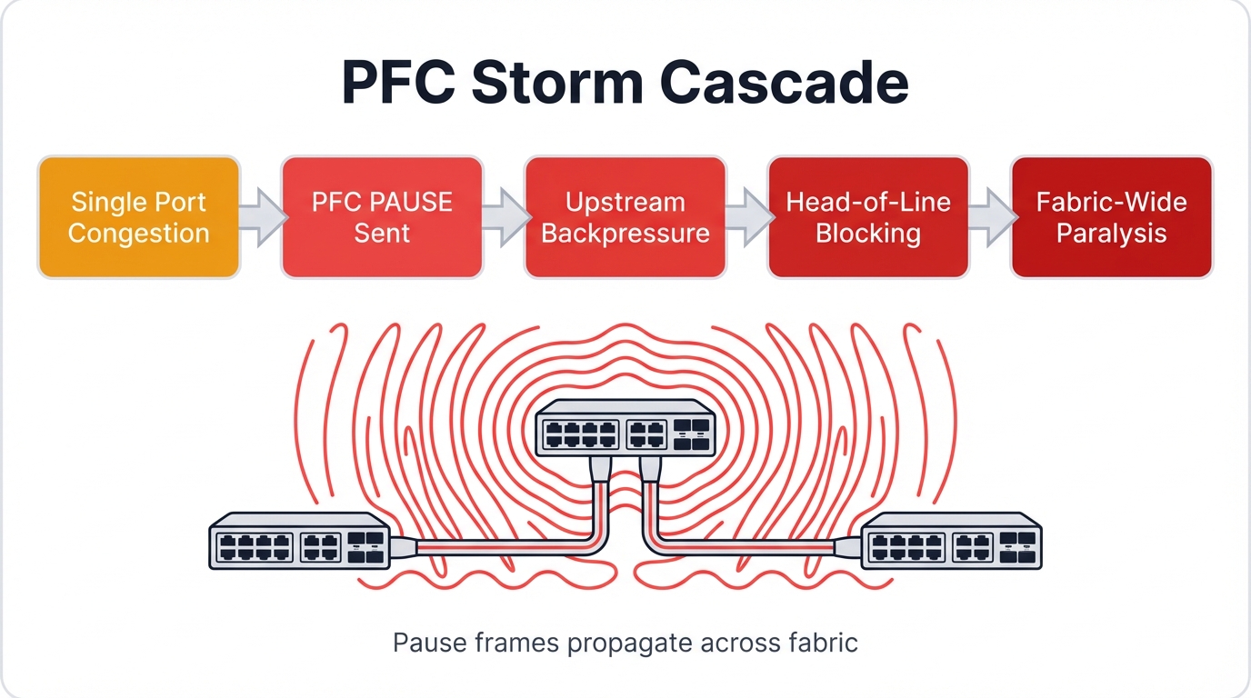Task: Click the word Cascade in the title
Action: click(784, 83)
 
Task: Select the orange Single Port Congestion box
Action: click(139, 217)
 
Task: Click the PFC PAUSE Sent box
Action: click(382, 217)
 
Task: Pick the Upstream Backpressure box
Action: click(625, 217)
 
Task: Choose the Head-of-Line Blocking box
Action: click(868, 217)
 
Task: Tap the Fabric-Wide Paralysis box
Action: click(1111, 217)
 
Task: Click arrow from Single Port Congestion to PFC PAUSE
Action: click(261, 218)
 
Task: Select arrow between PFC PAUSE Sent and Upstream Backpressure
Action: click(505, 218)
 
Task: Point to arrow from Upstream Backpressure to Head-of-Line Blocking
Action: click(747, 218)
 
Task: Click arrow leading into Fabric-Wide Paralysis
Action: click(991, 218)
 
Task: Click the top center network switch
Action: click(625, 428)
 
